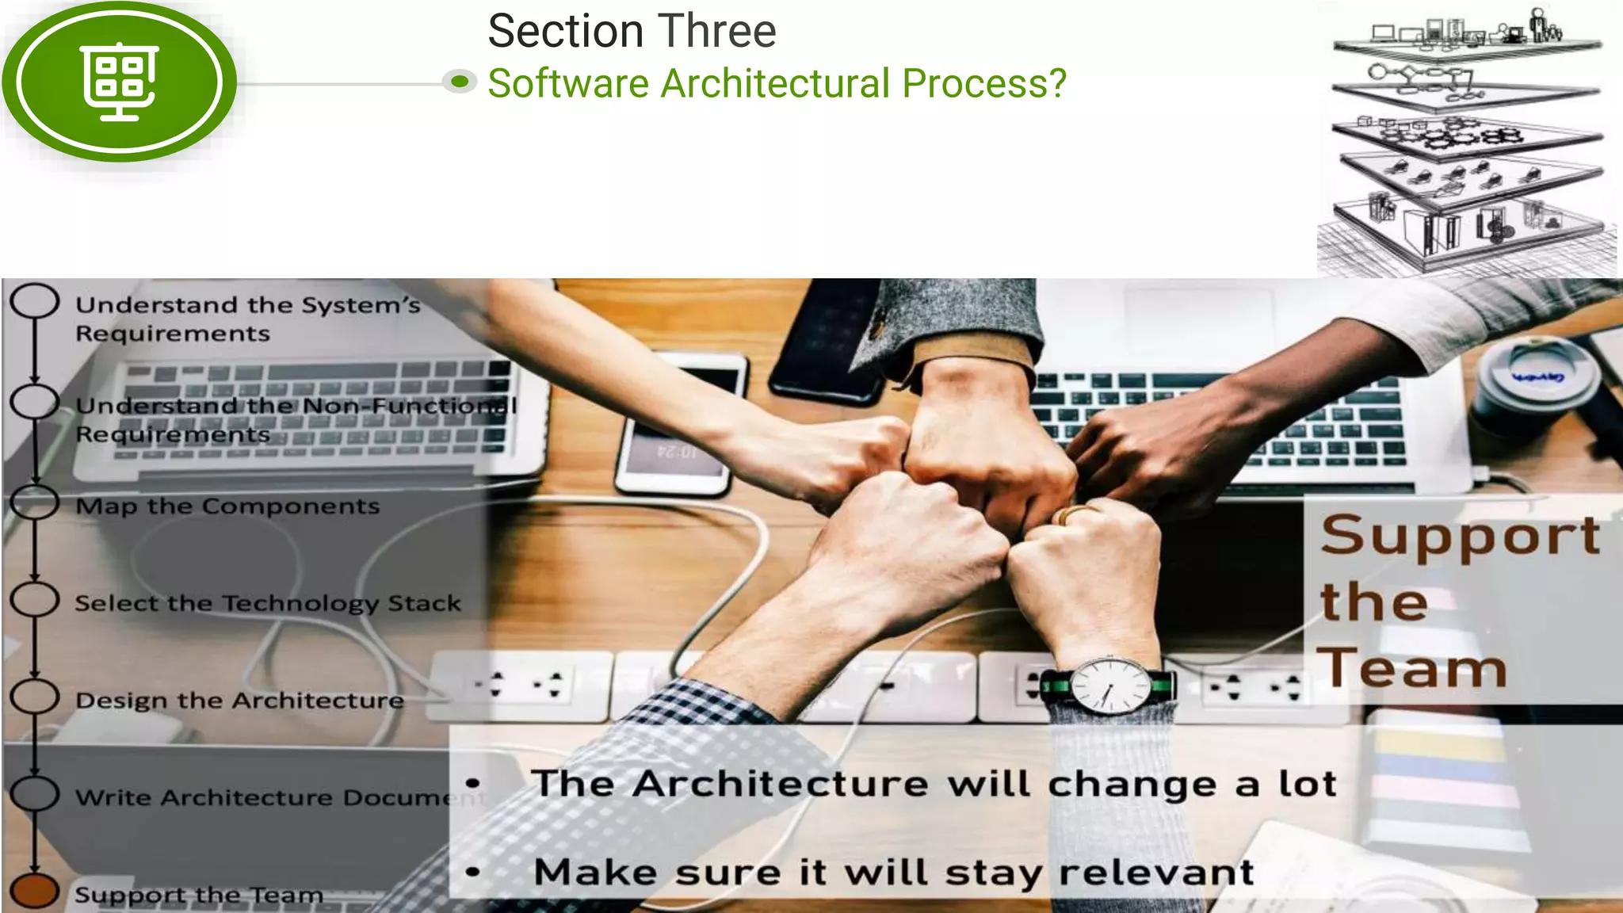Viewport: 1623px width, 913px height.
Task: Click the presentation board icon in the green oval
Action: pyautogui.click(x=120, y=81)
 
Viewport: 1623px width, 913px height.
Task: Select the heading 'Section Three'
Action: pyautogui.click(x=632, y=32)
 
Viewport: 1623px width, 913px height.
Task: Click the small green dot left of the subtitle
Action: pyautogui.click(x=459, y=81)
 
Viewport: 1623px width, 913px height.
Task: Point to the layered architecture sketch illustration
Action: pyautogui.click(x=1467, y=139)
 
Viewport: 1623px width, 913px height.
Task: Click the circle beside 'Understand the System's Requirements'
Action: pyautogui.click(x=35, y=301)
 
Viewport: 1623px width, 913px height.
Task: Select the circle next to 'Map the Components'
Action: pyautogui.click(x=35, y=502)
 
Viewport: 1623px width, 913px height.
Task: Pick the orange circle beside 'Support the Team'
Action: pyautogui.click(x=35, y=891)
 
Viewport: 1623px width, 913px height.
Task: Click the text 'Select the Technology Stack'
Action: pyautogui.click(x=268, y=603)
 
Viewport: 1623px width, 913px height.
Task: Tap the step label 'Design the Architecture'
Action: pyautogui.click(x=239, y=701)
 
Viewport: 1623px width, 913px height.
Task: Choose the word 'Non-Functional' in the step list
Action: pyautogui.click(x=410, y=406)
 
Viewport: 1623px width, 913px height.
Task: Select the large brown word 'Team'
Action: pyautogui.click(x=1412, y=668)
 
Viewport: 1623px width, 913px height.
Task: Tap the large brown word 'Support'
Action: pyautogui.click(x=1460, y=536)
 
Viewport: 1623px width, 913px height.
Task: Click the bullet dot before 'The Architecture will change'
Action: pyautogui.click(x=473, y=783)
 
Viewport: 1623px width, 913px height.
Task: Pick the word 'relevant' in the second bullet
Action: pyautogui.click(x=1156, y=873)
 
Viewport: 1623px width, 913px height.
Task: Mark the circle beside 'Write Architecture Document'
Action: pyautogui.click(x=35, y=793)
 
